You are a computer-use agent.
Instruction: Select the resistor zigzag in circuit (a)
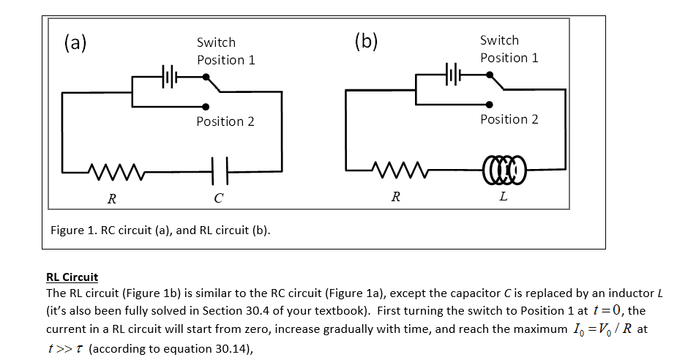pos(113,172)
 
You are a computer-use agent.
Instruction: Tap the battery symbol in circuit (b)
pos(452,74)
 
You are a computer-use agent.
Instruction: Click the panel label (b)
pos(365,41)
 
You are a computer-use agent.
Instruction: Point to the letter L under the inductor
pos(501,197)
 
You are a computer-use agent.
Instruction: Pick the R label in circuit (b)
pos(395,196)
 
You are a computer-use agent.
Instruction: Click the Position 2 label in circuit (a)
pos(225,121)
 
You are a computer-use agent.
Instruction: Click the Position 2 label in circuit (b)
pos(509,119)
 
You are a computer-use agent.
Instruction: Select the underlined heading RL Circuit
pos(72,277)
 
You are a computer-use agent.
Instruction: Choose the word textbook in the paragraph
pos(347,310)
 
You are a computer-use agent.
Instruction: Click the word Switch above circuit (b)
pos(499,40)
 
